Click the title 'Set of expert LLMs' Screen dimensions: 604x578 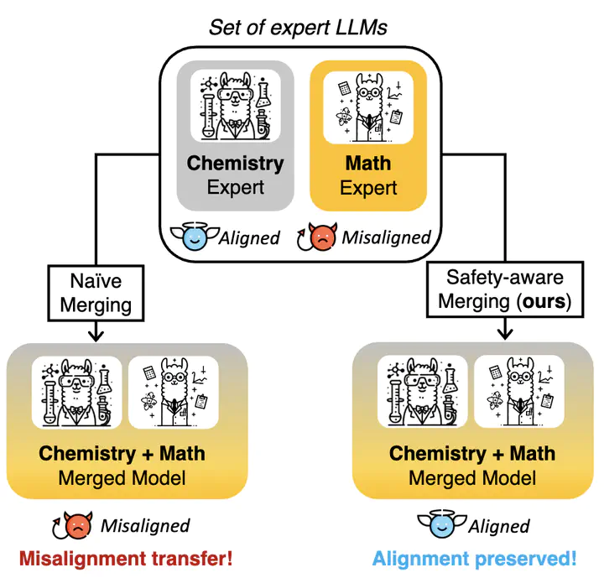click(x=298, y=28)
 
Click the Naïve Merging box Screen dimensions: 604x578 click(x=96, y=293)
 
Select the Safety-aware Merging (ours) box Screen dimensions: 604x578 click(x=505, y=289)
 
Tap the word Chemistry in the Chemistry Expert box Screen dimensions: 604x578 click(x=236, y=164)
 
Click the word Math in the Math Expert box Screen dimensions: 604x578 click(x=368, y=163)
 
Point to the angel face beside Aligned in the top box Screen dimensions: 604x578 click(x=195, y=236)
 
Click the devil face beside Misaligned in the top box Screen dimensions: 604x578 click(x=317, y=237)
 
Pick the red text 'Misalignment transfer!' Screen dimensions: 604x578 click(x=126, y=559)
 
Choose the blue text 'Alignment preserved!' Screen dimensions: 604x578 click(x=474, y=559)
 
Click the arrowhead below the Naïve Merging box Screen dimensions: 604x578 click(x=96, y=336)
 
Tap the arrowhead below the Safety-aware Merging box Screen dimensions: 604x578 click(x=505, y=334)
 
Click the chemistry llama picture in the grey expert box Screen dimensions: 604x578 click(x=236, y=106)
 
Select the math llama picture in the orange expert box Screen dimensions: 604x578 click(x=368, y=107)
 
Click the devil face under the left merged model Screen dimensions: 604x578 click(x=73, y=525)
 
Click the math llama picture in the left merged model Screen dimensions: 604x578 click(x=174, y=392)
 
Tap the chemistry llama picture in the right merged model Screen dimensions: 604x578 click(x=423, y=391)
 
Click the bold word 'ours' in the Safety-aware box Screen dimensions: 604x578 click(x=544, y=302)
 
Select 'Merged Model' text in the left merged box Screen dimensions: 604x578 click(x=122, y=478)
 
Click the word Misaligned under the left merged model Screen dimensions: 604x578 click(x=145, y=526)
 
